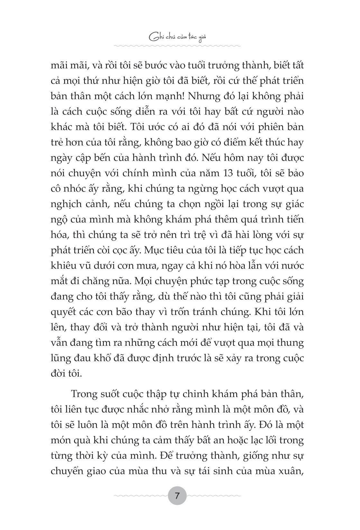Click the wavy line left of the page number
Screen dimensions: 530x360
pos(140,496)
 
